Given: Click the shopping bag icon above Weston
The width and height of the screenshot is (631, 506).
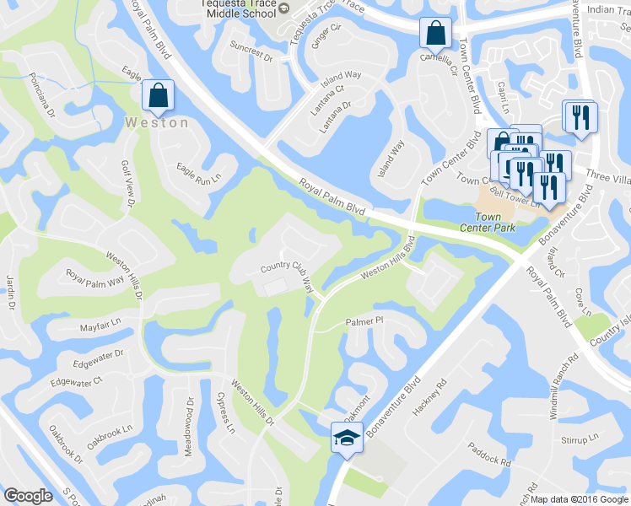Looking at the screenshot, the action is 158,96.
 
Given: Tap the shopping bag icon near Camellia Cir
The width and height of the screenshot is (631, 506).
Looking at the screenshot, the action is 436,34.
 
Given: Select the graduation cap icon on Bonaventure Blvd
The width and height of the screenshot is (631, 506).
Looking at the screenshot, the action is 346,438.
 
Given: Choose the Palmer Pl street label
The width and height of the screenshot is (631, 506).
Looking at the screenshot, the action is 364,321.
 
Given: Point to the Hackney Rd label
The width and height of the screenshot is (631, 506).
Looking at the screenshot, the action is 429,401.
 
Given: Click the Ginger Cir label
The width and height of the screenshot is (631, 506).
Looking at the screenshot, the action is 326,35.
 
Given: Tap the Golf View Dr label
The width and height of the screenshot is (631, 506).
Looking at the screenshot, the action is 128,184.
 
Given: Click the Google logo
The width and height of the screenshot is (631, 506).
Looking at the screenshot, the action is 29,496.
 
